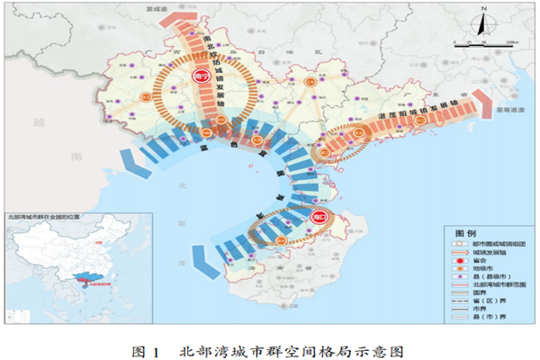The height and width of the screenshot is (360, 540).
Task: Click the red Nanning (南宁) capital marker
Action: (x=200, y=78)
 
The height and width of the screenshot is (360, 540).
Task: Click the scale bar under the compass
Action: (x=477, y=42)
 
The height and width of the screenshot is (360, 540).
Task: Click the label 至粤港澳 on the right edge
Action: (x=508, y=109)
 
